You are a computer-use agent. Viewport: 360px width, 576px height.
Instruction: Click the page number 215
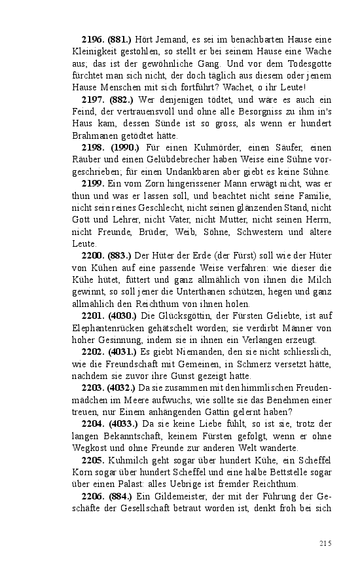click(326, 543)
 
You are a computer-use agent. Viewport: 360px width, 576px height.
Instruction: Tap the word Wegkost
click(92, 448)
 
